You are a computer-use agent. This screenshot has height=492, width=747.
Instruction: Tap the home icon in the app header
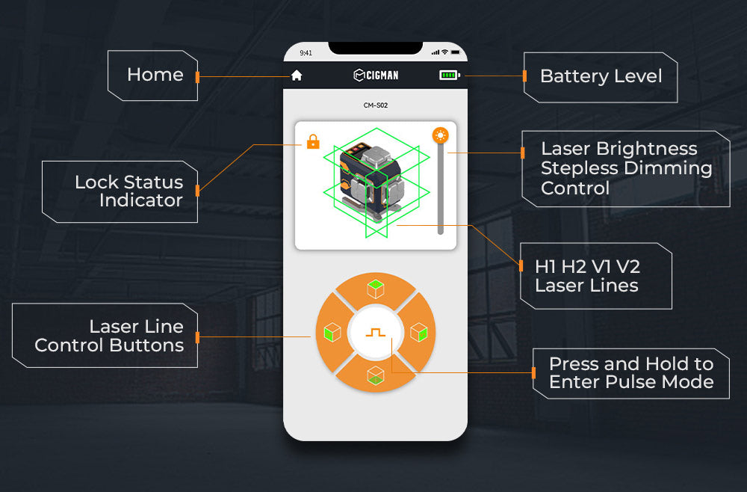point(297,76)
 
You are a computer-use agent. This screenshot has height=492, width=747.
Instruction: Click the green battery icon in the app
point(449,75)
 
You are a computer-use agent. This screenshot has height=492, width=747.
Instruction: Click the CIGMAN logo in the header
point(376,75)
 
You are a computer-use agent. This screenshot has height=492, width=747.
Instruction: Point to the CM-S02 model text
point(376,105)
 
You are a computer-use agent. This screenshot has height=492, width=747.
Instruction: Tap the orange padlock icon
point(313,141)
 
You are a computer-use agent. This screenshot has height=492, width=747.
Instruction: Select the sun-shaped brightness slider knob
point(440,135)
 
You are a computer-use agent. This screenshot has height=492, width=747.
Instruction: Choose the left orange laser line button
point(332,332)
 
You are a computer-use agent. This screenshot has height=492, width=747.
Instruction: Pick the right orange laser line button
point(418,332)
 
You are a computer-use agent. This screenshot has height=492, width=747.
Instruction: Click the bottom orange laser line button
point(376,375)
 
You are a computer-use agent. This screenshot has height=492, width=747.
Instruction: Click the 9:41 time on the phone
point(306,53)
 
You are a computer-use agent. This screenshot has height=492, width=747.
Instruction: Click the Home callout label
point(155,75)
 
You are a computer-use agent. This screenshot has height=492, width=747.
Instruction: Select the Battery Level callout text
point(601,76)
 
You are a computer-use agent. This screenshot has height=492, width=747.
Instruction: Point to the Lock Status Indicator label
point(128,191)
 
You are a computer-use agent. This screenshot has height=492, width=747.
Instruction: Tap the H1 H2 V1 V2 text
point(587,267)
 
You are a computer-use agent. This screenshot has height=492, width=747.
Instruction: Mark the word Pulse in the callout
point(631,382)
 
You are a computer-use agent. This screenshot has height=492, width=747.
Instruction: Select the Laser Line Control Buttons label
point(109,336)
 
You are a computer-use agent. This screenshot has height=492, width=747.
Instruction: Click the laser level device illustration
point(371,183)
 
